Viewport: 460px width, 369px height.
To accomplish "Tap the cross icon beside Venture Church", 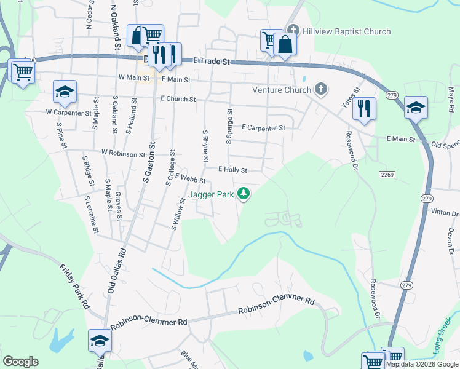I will pyautogui.click(x=320, y=90).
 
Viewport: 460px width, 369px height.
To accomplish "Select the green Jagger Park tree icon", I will pyautogui.click(x=244, y=194).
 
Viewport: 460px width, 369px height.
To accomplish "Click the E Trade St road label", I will pyautogui.click(x=211, y=61).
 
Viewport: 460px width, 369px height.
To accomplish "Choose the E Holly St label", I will pyautogui.click(x=232, y=170).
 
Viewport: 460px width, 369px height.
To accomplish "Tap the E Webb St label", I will pyautogui.click(x=189, y=178).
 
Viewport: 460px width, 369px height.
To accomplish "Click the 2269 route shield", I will pyautogui.click(x=386, y=176).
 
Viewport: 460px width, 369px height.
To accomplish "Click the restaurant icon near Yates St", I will pyautogui.click(x=364, y=109).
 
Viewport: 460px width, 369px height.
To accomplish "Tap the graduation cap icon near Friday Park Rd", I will pyautogui.click(x=100, y=340).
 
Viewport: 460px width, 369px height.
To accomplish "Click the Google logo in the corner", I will pyautogui.click(x=20, y=362).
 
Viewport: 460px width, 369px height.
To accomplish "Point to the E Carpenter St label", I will pyautogui.click(x=263, y=128).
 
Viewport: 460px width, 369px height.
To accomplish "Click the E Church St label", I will pyautogui.click(x=178, y=99).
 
